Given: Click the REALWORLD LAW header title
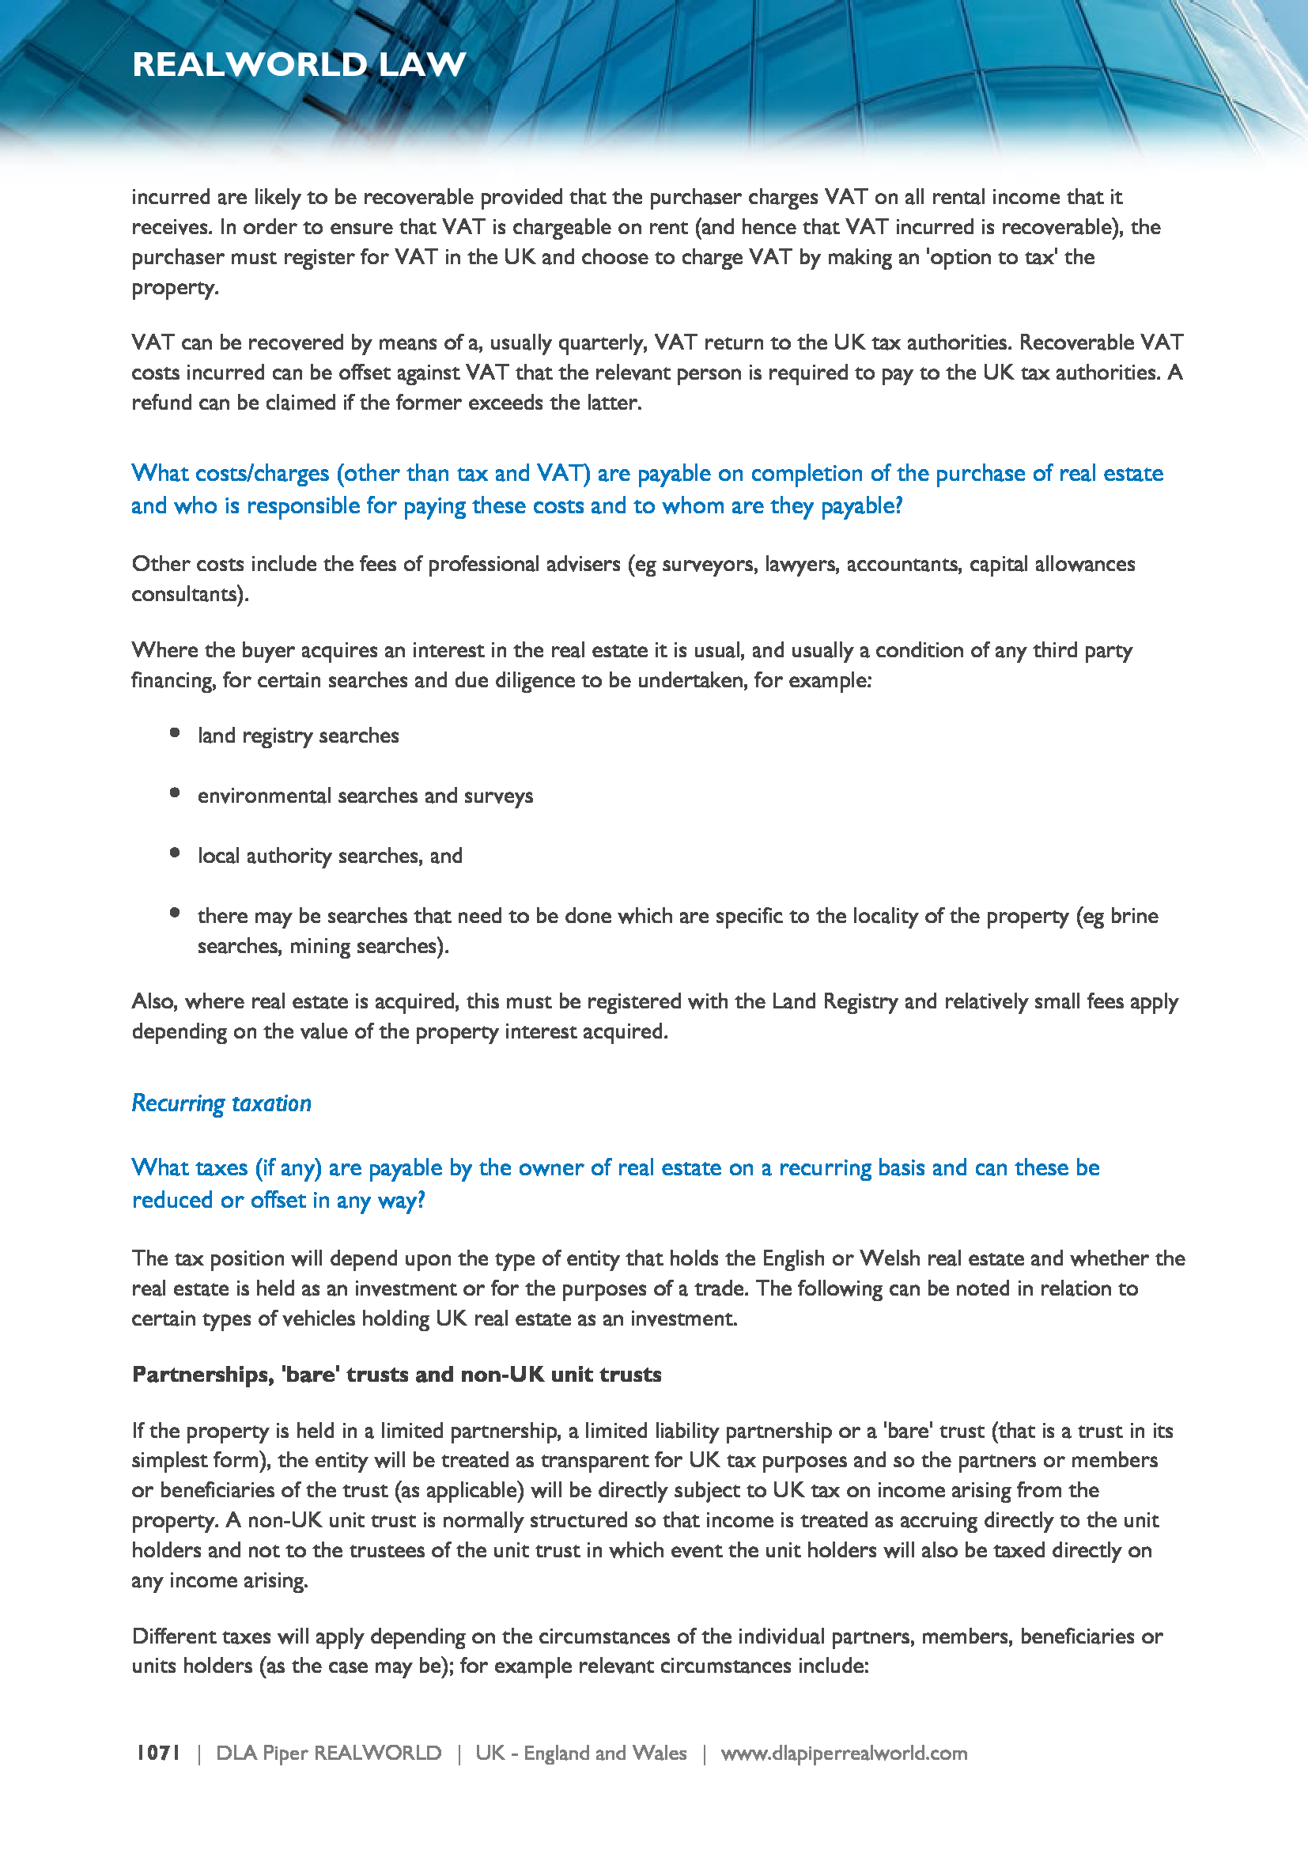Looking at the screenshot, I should pos(299,64).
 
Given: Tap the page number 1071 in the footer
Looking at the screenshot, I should pos(158,1753).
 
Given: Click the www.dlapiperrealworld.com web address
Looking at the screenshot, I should pos(843,1753).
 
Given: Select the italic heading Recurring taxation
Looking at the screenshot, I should pos(221,1103).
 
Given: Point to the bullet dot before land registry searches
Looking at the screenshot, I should pos(175,732).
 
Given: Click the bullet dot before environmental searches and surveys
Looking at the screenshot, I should pos(175,793).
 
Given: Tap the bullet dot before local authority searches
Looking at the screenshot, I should pos(175,853).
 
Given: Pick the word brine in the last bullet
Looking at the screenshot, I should pos(1134,916).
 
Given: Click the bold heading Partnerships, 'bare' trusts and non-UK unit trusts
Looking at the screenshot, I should pos(396,1374).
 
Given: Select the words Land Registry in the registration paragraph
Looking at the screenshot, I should pos(834,1001).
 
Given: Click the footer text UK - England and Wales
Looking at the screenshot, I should pos(580,1753).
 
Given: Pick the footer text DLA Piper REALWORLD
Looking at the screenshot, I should pos(329,1753).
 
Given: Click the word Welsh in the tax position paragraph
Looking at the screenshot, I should pos(889,1258).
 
